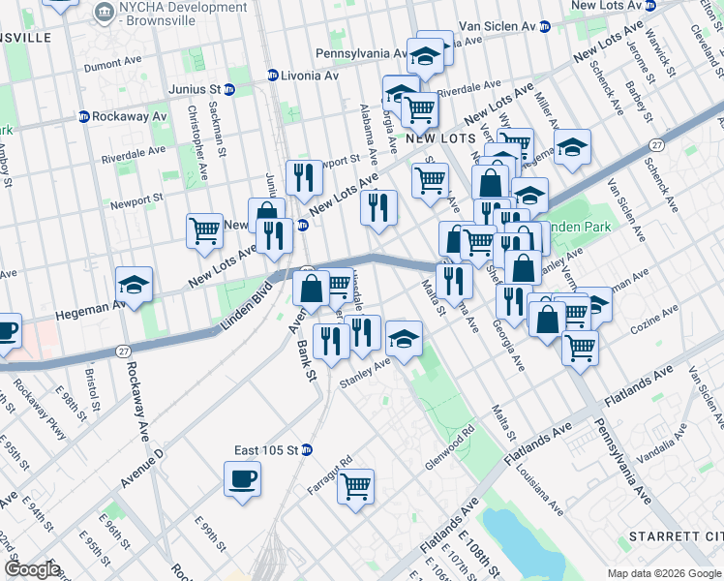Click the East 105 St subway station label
coord(267,449)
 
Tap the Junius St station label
coord(192,90)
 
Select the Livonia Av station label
coord(309,75)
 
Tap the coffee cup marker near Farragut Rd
coord(242,477)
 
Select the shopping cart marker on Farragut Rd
coord(355,485)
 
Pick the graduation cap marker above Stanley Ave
coord(404,339)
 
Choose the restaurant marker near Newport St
coord(307,176)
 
